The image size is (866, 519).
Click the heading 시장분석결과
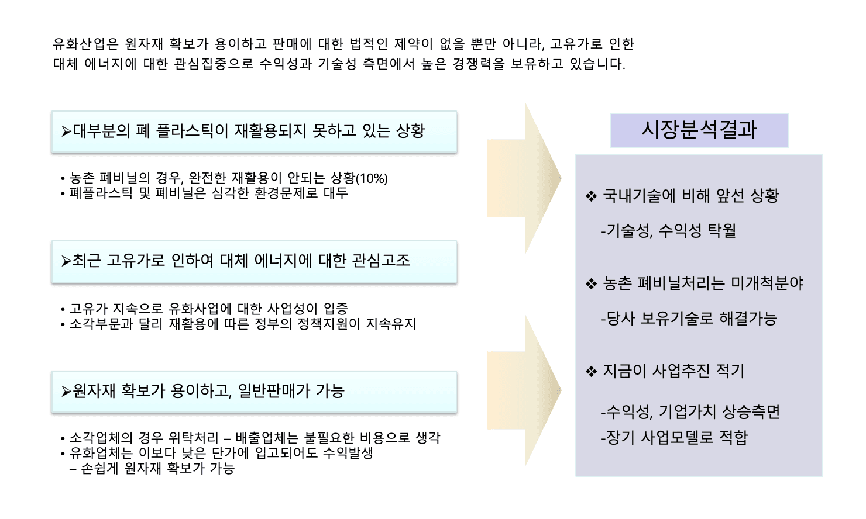click(699, 130)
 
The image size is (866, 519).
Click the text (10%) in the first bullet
click(372, 178)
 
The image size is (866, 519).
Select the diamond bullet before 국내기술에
click(591, 196)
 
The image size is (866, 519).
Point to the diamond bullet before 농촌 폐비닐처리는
click(591, 284)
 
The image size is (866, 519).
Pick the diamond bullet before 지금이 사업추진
click(591, 372)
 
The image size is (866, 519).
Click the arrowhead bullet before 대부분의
click(67, 132)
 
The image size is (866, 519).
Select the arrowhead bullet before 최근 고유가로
click(67, 261)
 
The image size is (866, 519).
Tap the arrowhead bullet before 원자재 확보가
click(67, 391)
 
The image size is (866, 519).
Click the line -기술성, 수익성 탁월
click(668, 230)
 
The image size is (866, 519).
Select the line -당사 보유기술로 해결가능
click(689, 318)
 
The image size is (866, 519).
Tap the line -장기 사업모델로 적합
click(674, 437)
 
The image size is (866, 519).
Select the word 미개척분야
click(767, 283)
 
